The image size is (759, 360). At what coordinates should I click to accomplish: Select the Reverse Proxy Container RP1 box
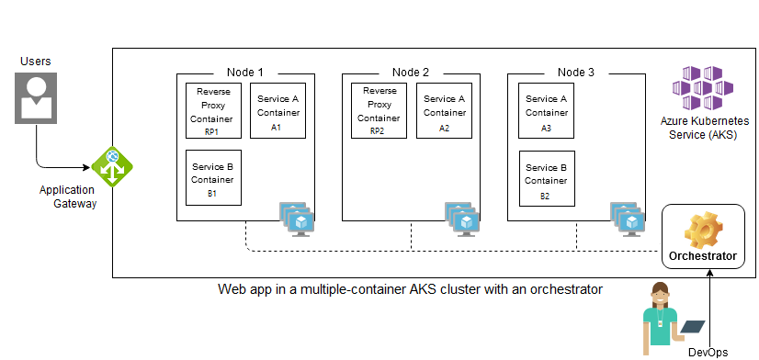tap(212, 110)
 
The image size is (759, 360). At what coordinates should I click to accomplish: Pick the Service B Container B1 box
tap(212, 178)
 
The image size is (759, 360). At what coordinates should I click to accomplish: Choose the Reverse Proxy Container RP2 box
tap(378, 110)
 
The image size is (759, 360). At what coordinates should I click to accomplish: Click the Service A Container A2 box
tap(443, 110)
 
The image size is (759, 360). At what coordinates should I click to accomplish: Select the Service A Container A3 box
tap(546, 110)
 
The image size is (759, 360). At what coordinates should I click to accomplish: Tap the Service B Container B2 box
tap(546, 178)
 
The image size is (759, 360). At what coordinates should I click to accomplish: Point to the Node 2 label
tap(410, 73)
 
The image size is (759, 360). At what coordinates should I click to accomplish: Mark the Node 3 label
tap(575, 73)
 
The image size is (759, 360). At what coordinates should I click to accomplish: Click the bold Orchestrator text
tap(703, 256)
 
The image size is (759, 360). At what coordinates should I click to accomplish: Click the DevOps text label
tap(709, 352)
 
